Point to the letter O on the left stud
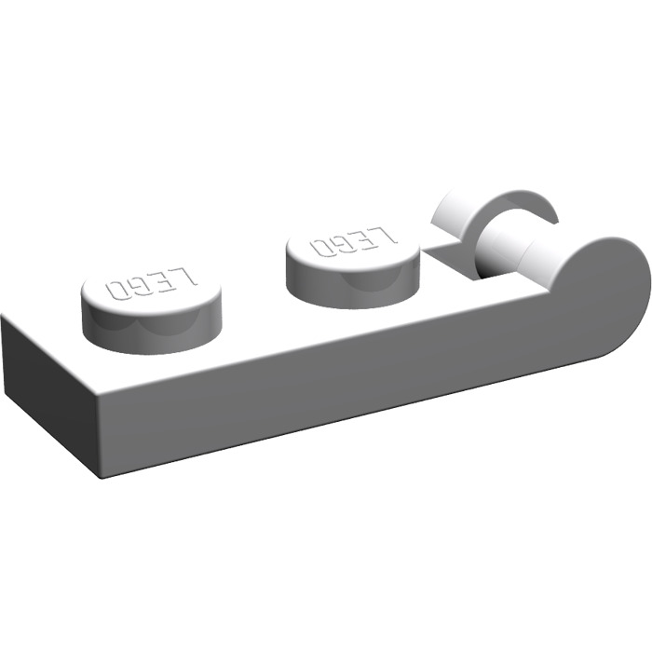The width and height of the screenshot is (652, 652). pyautogui.click(x=118, y=289)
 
